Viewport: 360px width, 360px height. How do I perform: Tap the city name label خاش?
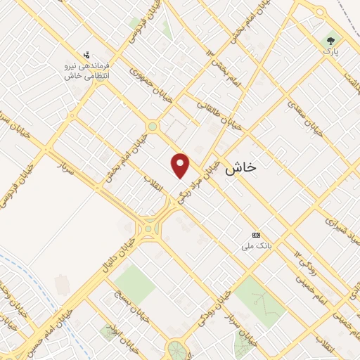pyautogui.click(x=241, y=169)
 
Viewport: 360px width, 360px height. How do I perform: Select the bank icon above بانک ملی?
pyautogui.click(x=256, y=235)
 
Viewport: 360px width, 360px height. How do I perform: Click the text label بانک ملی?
pyautogui.click(x=256, y=245)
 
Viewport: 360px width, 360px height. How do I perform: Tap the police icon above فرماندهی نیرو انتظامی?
pyautogui.click(x=86, y=54)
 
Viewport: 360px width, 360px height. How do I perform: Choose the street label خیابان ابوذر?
pyautogui.click(x=113, y=328)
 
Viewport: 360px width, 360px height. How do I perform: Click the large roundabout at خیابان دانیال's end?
pyautogui.click(x=149, y=229)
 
